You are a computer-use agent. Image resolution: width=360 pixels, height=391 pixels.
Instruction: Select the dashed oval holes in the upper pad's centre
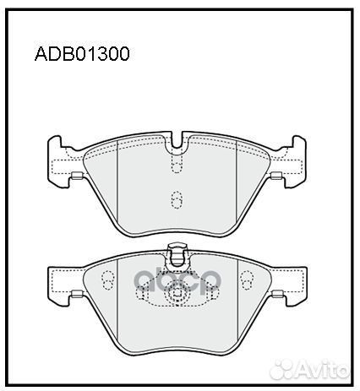177,200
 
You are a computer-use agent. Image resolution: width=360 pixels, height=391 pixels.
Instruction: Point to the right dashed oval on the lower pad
246,280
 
